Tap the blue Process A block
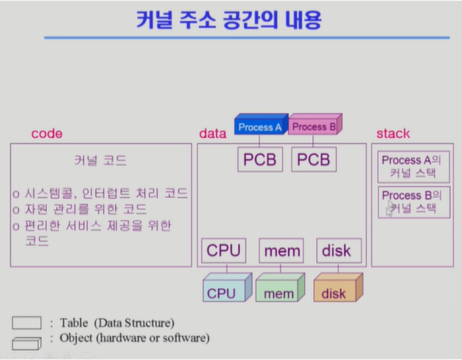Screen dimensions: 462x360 260,126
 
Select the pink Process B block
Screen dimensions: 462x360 314,126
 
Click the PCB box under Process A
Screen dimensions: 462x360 260,160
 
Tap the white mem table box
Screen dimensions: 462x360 282,251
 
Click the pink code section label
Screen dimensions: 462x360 47,134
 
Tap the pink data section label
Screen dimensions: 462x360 213,134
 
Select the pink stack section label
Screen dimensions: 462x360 393,134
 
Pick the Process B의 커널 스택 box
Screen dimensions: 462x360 411,202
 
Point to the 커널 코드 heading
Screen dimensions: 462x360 100,160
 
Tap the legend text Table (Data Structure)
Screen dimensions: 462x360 117,323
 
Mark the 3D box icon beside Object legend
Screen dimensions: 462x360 26,342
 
